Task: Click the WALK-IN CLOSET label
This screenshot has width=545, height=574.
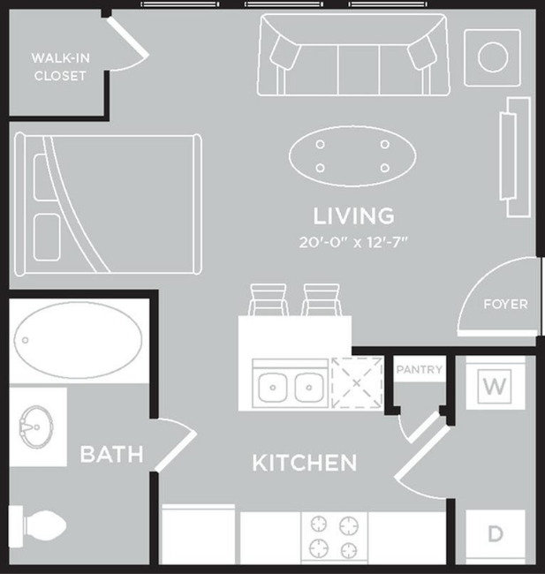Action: coord(60,67)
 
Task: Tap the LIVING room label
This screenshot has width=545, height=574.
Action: coord(353,215)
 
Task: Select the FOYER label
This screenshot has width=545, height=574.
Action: coord(505,305)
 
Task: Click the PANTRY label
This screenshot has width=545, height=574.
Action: coord(419,370)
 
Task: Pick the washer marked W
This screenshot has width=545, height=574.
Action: coord(493,386)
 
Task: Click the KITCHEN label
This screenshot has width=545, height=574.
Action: coord(305,463)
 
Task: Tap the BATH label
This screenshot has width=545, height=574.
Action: coord(112,455)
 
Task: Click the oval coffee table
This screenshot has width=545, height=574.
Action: coord(352,155)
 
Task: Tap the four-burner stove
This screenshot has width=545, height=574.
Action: coord(334,535)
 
